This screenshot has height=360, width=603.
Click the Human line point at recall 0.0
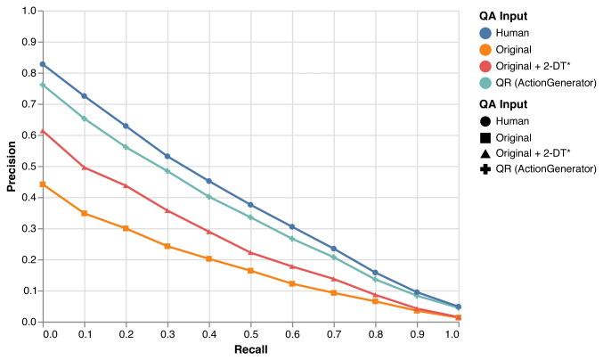(x=43, y=64)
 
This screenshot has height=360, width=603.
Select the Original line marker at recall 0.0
(x=43, y=184)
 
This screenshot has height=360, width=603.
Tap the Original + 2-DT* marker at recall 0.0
(x=43, y=131)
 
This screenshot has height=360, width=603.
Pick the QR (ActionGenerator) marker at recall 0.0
(x=43, y=85)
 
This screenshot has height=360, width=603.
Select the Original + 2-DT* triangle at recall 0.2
(x=126, y=185)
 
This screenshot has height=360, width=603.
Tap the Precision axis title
(x=12, y=167)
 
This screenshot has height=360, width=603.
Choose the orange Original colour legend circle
(x=485, y=50)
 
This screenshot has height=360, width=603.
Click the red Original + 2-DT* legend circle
(x=485, y=67)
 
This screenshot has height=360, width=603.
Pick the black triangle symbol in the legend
(x=485, y=153)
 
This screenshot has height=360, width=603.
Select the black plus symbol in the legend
(x=485, y=169)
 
